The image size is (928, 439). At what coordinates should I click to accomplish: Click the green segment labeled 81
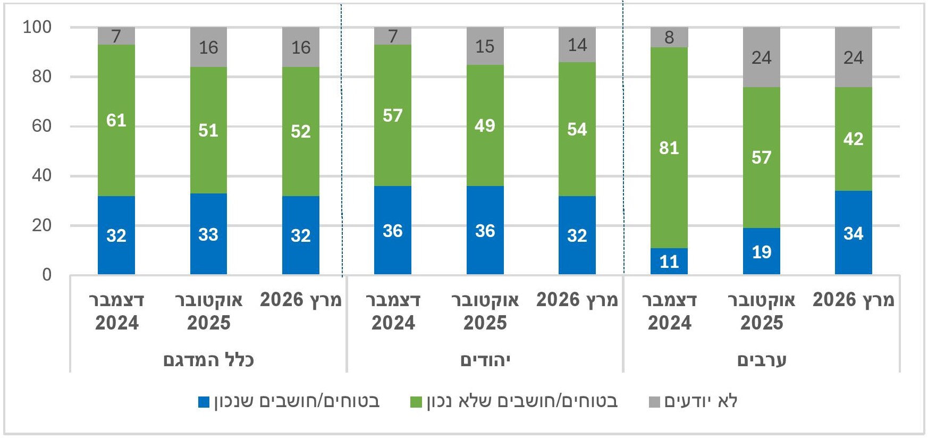coord(669,148)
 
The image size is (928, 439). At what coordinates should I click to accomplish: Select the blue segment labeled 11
coord(669,261)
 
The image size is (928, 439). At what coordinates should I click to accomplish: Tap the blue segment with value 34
coord(853,233)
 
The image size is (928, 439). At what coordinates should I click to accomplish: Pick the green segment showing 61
coord(116,120)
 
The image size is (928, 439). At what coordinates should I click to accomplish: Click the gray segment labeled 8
coord(669,37)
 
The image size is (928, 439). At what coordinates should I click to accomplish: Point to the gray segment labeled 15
coord(485,46)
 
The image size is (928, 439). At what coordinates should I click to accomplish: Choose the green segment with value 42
coord(853,139)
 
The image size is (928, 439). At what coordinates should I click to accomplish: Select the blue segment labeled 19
coord(761,251)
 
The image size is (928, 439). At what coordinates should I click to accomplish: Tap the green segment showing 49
coord(485,125)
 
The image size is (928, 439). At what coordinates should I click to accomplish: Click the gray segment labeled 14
coord(577,45)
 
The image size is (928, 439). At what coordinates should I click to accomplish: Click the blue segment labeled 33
coord(208,234)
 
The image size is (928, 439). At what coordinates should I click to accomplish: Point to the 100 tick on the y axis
coord(37,27)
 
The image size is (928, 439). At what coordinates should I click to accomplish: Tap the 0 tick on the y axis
coord(47,275)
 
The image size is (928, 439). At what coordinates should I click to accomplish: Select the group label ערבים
coord(761,360)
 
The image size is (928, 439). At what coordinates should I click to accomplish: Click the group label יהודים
coord(485,360)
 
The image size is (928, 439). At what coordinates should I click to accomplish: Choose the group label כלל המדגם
coord(208,360)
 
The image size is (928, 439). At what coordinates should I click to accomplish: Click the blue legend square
coord(204,402)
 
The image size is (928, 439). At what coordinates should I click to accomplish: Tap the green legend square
coord(416,402)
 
